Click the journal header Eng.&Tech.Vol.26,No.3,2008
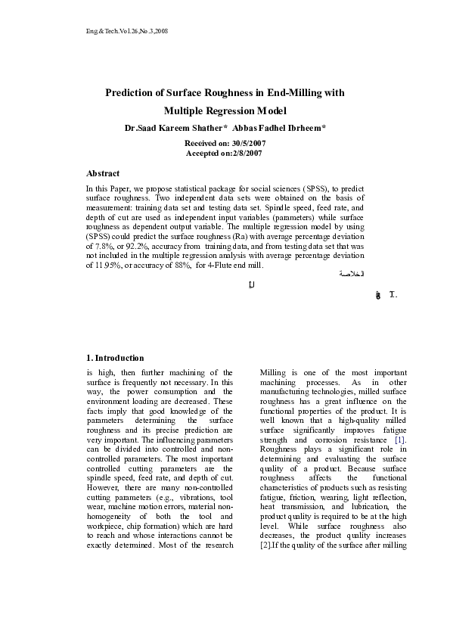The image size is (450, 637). click(126, 31)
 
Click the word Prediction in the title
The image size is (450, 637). click(130, 93)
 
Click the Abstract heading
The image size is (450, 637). click(103, 173)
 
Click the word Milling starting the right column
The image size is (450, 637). click(272, 373)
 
